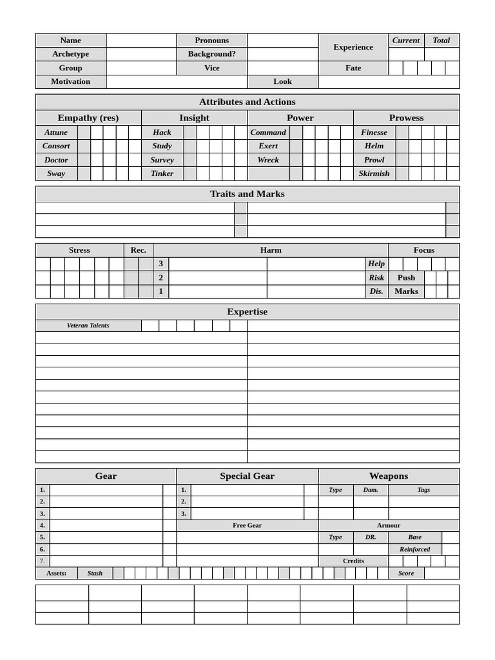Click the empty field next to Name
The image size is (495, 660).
tap(141, 40)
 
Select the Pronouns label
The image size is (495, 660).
tap(212, 40)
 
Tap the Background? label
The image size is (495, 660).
tap(212, 54)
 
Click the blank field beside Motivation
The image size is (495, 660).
tap(177, 82)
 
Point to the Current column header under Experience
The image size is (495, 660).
tap(406, 40)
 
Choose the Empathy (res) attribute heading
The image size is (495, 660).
tap(88, 118)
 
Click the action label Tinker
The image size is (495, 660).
tap(162, 173)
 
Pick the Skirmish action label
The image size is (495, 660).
tap(374, 173)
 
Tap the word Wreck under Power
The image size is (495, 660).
tap(268, 160)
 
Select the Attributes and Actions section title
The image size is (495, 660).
tap(247, 102)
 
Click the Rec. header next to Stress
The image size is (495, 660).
tap(139, 250)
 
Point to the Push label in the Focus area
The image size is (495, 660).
tap(406, 278)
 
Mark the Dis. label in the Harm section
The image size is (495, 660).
tap(376, 291)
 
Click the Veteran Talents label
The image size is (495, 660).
tap(88, 325)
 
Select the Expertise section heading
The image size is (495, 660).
tap(247, 312)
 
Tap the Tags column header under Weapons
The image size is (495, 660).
tap(423, 490)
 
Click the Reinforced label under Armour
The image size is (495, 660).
tap(414, 549)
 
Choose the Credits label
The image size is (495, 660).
tap(353, 561)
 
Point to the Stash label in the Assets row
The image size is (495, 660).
tap(95, 573)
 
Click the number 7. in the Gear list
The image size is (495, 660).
tap(43, 561)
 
